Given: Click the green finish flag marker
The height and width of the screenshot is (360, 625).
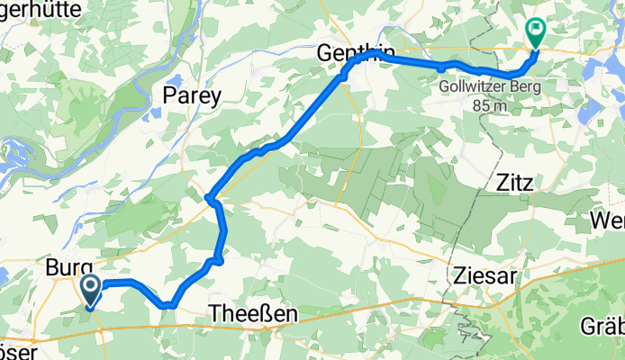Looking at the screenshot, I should point(535,34).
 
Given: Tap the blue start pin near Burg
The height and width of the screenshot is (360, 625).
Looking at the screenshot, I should point(91,291).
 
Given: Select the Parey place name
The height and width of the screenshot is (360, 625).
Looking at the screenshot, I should point(191,97).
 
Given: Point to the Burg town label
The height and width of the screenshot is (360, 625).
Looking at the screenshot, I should point(68,268).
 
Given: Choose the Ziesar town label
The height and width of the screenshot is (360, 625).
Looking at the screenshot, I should point(483,276).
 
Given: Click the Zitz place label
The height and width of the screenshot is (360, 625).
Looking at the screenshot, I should point(515,183).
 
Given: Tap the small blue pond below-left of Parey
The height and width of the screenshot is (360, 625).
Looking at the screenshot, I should point(153,114).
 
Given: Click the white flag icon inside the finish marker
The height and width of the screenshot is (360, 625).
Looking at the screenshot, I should point(536,31).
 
